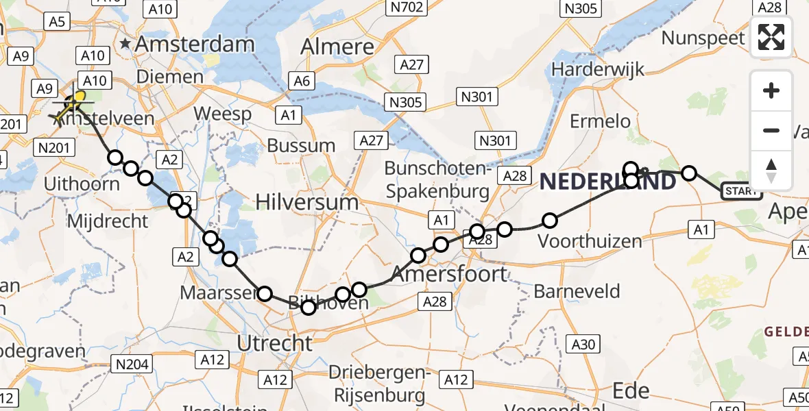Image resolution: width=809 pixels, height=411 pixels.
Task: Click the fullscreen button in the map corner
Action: pyautogui.click(x=771, y=37)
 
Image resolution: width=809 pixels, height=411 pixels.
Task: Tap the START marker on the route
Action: pyautogui.click(x=741, y=191)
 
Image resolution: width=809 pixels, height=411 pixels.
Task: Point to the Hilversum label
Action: pyautogui.click(x=306, y=202)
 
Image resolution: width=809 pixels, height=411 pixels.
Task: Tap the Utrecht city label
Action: pyautogui.click(x=274, y=342)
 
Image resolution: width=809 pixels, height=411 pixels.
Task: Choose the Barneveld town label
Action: pyautogui.click(x=577, y=292)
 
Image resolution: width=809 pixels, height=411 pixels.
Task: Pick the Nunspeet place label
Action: pyautogui.click(x=703, y=38)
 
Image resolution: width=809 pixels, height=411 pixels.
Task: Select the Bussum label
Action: pyautogui.click(x=301, y=145)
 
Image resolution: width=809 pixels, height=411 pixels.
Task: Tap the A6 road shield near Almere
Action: pyautogui.click(x=302, y=82)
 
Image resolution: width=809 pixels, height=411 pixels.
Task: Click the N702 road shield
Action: pyautogui.click(x=404, y=9)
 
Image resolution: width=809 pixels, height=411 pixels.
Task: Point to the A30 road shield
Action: pyautogui.click(x=584, y=345)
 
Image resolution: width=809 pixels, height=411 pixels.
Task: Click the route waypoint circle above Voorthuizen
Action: pyautogui.click(x=550, y=221)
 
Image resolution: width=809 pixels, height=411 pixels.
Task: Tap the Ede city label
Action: pyautogui.click(x=630, y=390)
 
